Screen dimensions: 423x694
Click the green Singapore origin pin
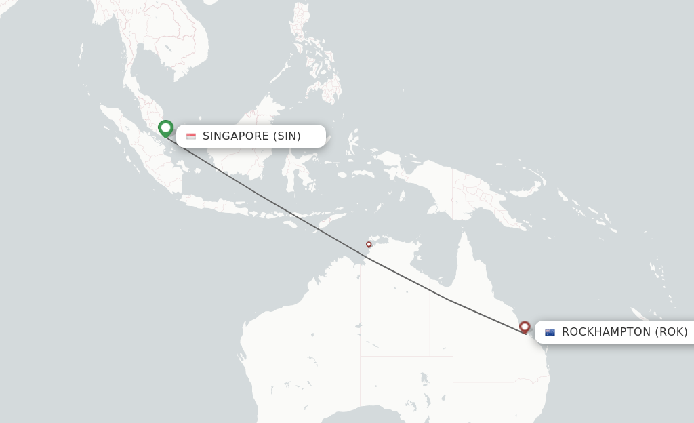165,128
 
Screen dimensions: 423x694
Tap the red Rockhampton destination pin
525,327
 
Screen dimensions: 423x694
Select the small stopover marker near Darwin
369,244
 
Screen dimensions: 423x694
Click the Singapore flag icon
191,136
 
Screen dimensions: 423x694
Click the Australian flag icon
550,332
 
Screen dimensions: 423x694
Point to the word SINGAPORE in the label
236,136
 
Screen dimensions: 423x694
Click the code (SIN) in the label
287,136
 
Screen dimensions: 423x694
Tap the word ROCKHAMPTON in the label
606,332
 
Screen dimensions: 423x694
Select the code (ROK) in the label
671,332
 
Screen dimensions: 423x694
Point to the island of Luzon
302,20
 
